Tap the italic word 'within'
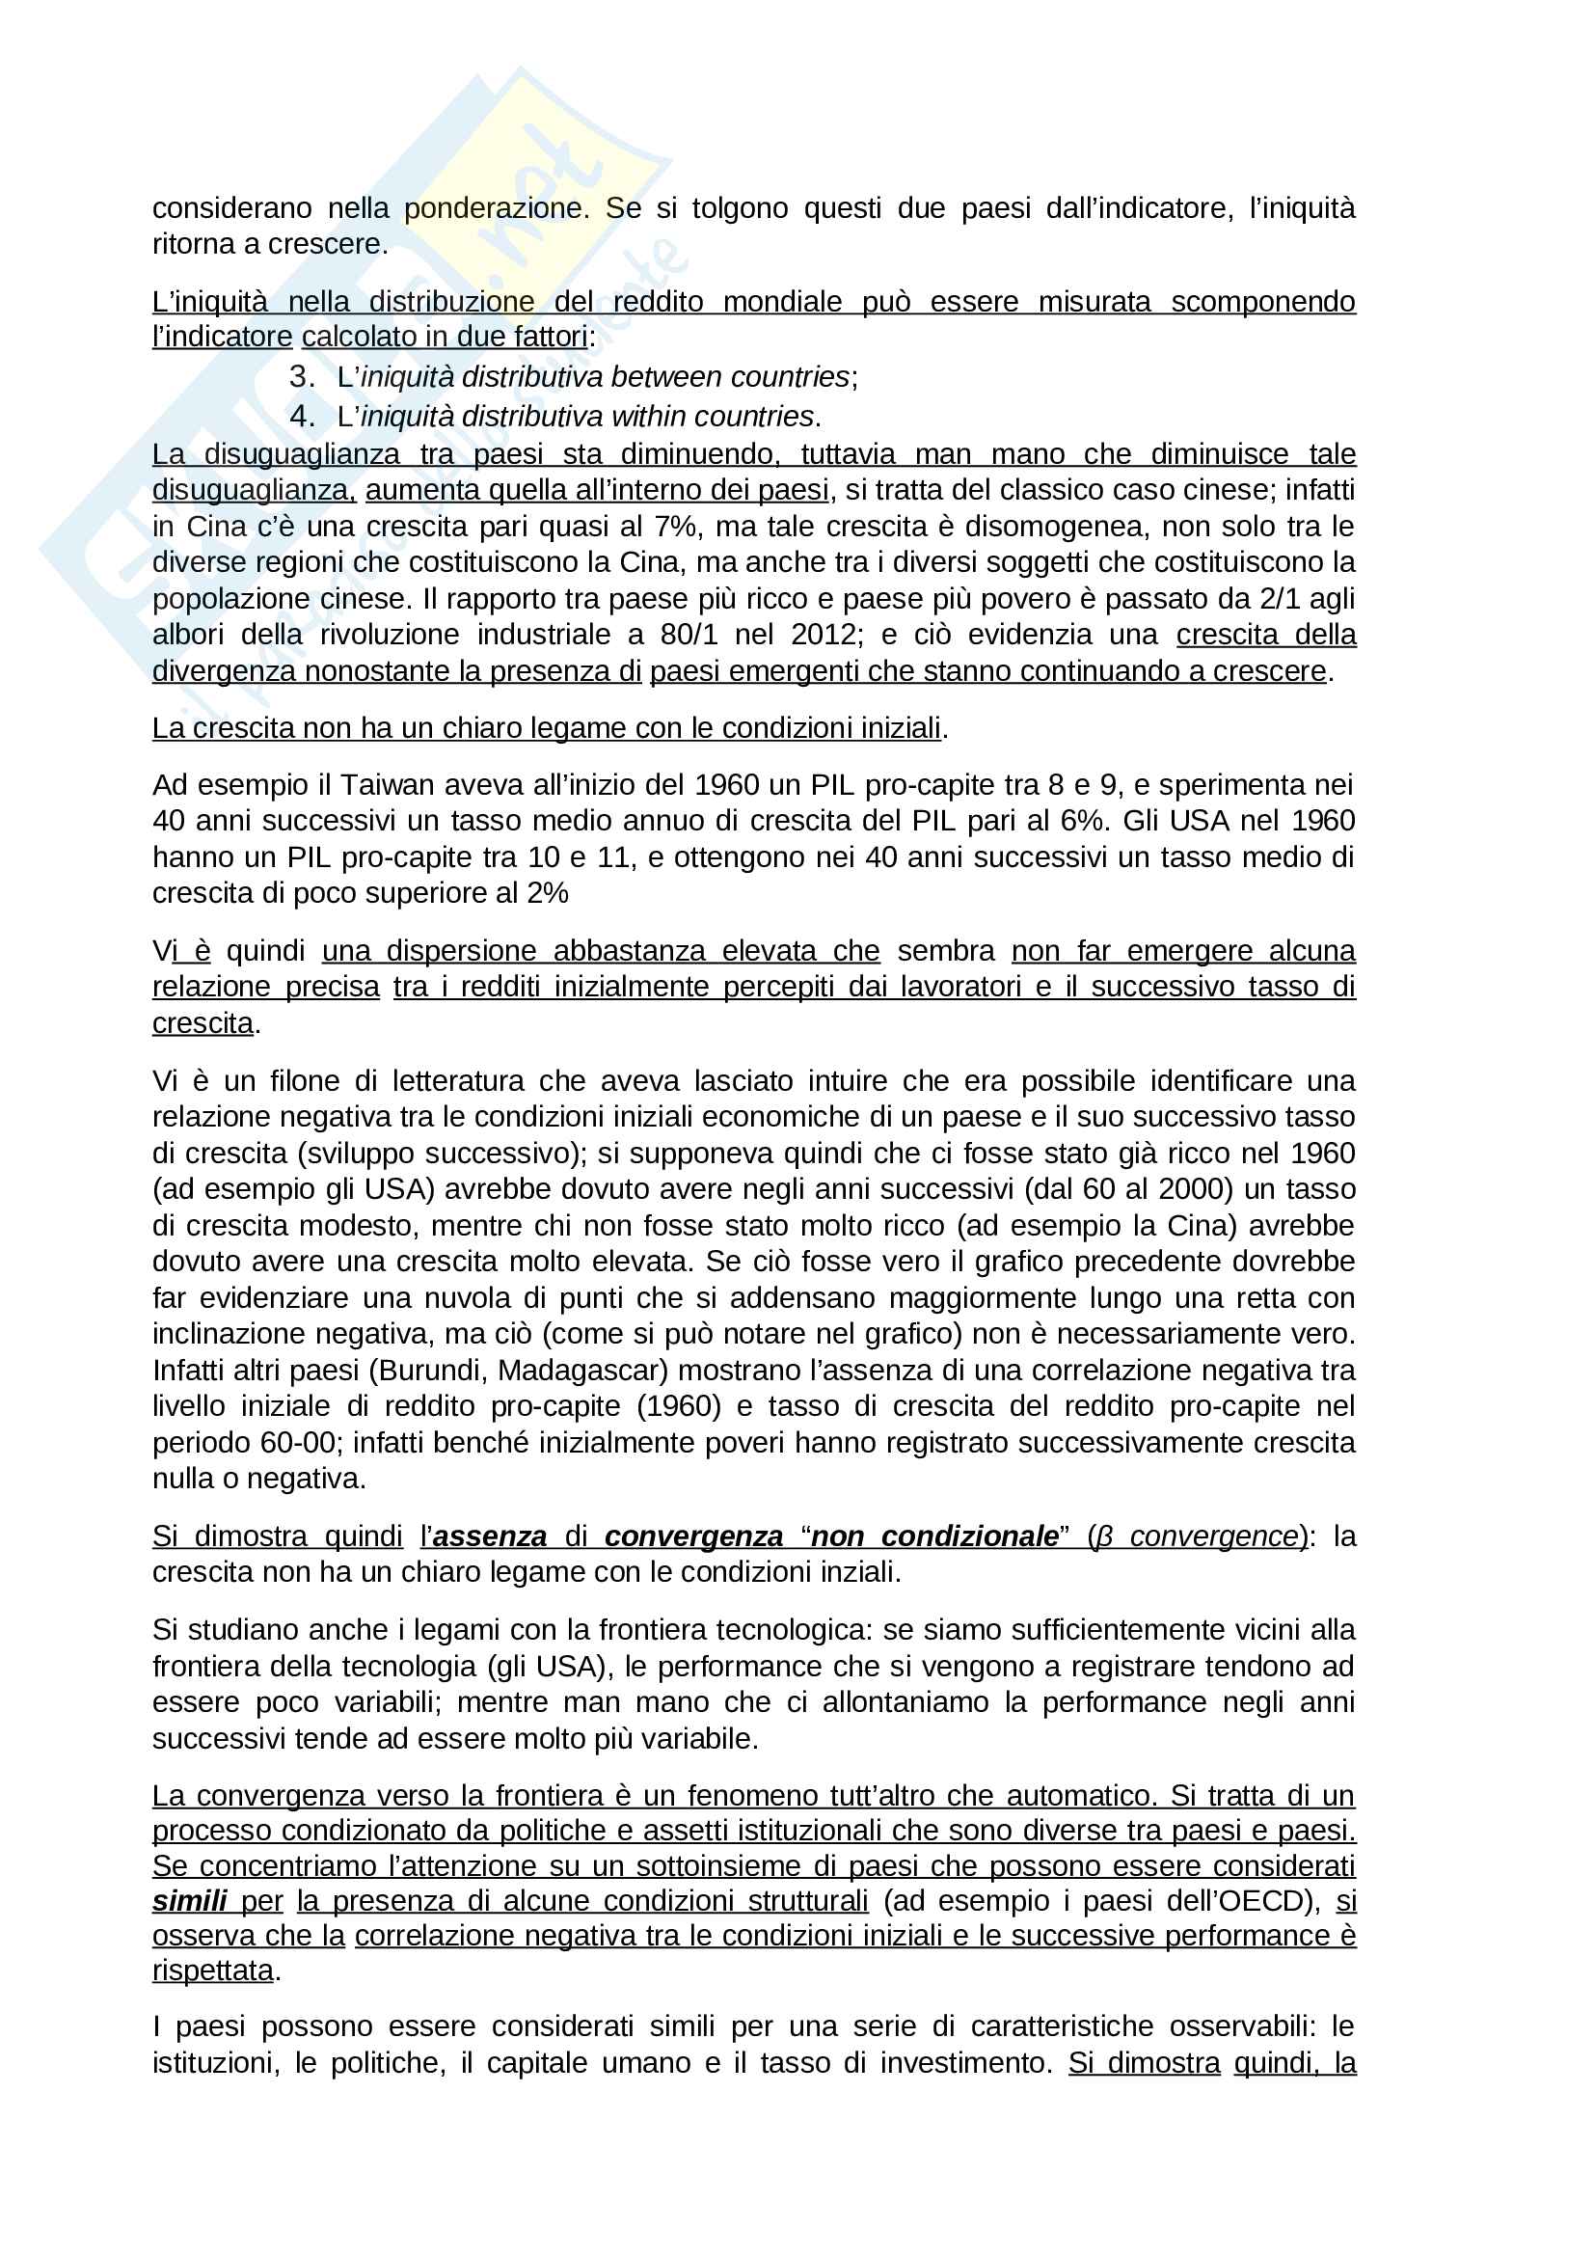click(637, 417)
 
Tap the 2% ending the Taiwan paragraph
click(547, 893)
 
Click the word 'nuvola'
click(473, 1298)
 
